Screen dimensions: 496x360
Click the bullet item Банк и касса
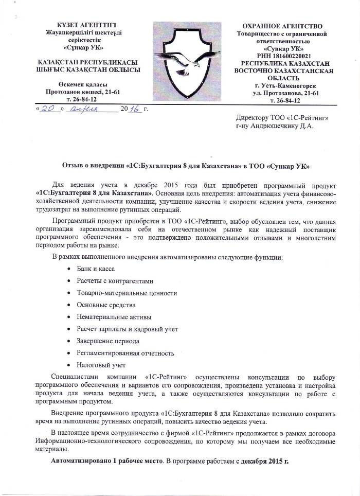96,269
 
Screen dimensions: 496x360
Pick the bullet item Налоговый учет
101,365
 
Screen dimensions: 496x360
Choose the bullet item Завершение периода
108,341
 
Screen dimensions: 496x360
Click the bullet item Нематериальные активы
114,317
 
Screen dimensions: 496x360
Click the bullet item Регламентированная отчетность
125,353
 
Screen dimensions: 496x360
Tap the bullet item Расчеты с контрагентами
115,281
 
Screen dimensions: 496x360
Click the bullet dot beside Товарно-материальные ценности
69,293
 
